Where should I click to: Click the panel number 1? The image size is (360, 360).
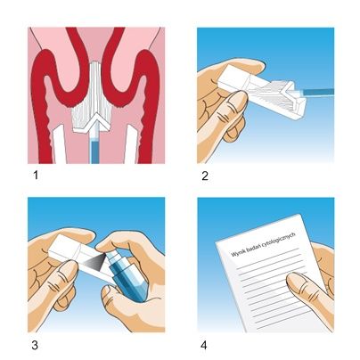point(36,176)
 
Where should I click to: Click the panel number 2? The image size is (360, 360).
point(205,176)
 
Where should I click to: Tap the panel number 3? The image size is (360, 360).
point(35,346)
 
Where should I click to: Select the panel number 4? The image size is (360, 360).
point(204,346)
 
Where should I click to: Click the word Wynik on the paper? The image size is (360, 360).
point(238,253)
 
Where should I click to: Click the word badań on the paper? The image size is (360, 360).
point(252,249)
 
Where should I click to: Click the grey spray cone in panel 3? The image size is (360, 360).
point(94,262)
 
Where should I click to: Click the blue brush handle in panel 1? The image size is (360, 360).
point(94,147)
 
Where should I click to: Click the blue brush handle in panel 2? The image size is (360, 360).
point(319,92)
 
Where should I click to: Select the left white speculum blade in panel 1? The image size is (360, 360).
point(59,144)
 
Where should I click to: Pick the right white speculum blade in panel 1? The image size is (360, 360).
point(131,144)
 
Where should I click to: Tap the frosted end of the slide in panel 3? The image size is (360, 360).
point(64,248)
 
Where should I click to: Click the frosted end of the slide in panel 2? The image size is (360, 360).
point(234,78)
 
